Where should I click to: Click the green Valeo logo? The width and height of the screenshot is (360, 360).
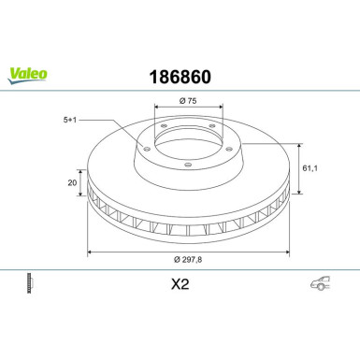click(x=22, y=70)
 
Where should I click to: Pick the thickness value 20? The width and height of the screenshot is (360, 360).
click(x=71, y=183)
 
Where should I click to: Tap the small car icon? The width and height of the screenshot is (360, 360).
click(x=319, y=285)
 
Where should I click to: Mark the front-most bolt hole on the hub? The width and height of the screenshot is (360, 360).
click(x=188, y=166)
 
